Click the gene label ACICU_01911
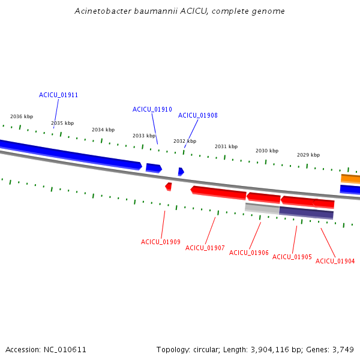58,95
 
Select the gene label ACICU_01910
152,109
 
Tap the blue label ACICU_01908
197,115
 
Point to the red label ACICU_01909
160,242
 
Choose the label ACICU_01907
205,248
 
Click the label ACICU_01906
248,253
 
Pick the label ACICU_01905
292,257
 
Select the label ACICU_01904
335,261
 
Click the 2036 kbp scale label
22,116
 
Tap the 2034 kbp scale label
103,130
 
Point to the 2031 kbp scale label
226,146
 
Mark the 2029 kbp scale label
308,155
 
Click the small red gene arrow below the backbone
169,187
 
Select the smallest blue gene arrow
181,172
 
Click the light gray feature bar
262,208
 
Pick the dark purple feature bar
306,213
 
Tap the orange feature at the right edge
350,179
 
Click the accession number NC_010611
65,350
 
